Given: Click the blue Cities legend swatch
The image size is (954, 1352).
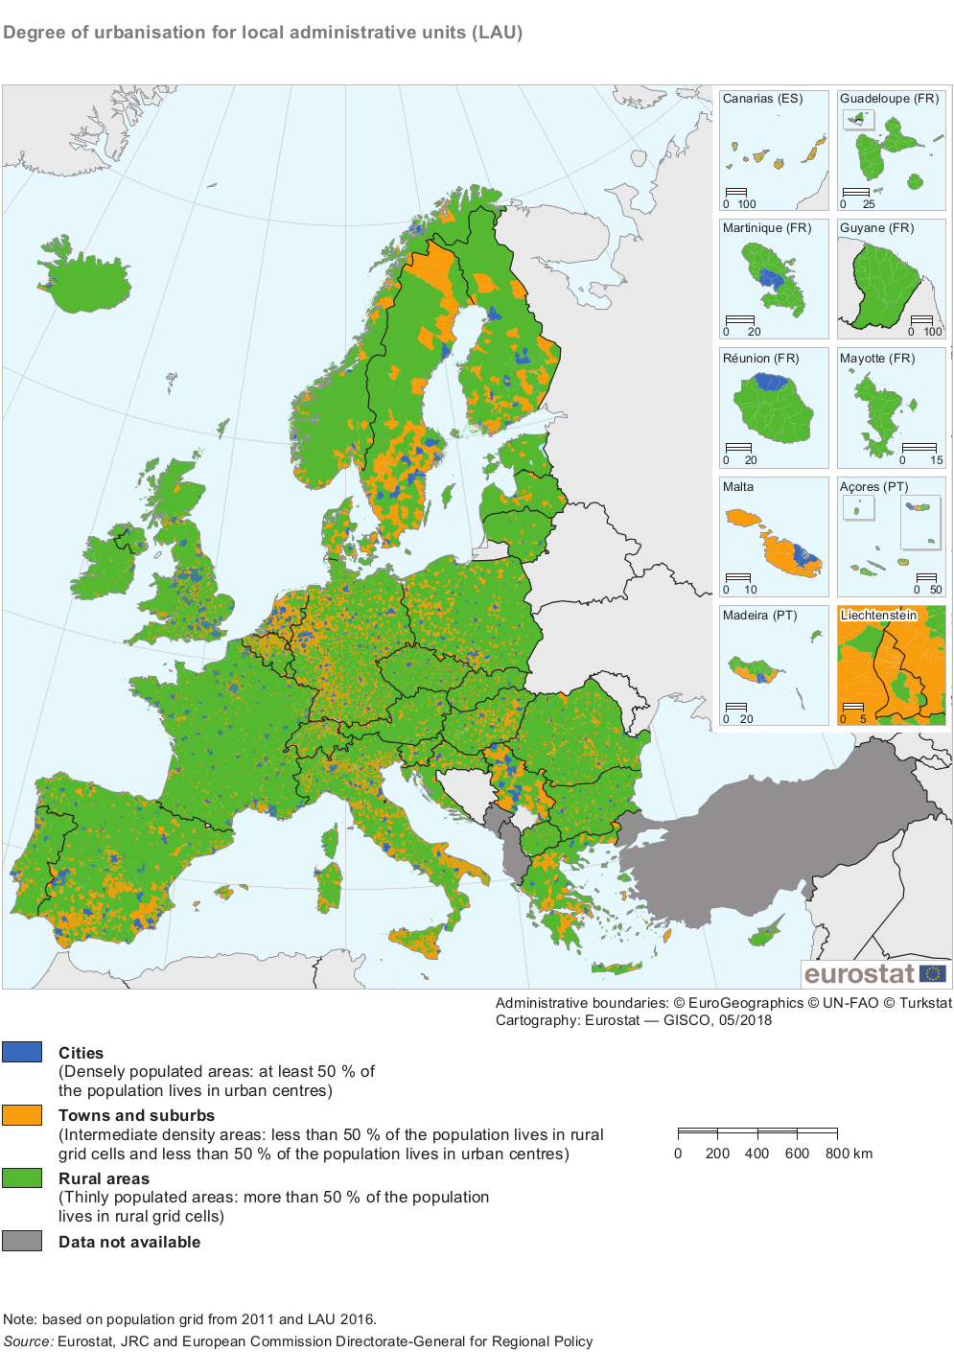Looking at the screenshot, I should tap(22, 1052).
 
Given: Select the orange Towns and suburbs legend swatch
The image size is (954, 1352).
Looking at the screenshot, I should tap(22, 1115).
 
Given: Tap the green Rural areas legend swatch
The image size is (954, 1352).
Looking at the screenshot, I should tap(22, 1178).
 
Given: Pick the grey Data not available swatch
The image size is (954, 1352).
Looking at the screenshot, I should tap(22, 1241).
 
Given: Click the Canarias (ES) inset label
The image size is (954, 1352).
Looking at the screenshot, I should tap(762, 99).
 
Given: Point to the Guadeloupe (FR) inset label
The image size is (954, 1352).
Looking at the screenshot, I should tap(889, 99).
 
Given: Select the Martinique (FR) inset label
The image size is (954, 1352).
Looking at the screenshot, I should tap(766, 228).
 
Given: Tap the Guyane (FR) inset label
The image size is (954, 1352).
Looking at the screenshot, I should tap(876, 228).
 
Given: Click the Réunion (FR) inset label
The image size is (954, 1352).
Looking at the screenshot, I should tap(760, 359).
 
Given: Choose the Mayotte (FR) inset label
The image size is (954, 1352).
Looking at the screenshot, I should tap(877, 359).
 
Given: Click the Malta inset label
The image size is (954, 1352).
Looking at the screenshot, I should tap(737, 487).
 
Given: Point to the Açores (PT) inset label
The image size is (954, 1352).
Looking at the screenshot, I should tap(873, 487).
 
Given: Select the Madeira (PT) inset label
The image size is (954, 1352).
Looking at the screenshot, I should tap(759, 616).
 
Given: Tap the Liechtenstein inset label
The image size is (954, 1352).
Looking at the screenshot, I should tap(878, 616).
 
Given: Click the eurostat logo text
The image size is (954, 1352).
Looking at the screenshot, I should tap(859, 974).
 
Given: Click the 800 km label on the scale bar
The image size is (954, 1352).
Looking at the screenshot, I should tap(849, 1154).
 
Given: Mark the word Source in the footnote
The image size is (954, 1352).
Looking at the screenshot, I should tap(28, 1341).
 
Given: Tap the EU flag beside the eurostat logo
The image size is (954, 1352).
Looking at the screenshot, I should tap(932, 974).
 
